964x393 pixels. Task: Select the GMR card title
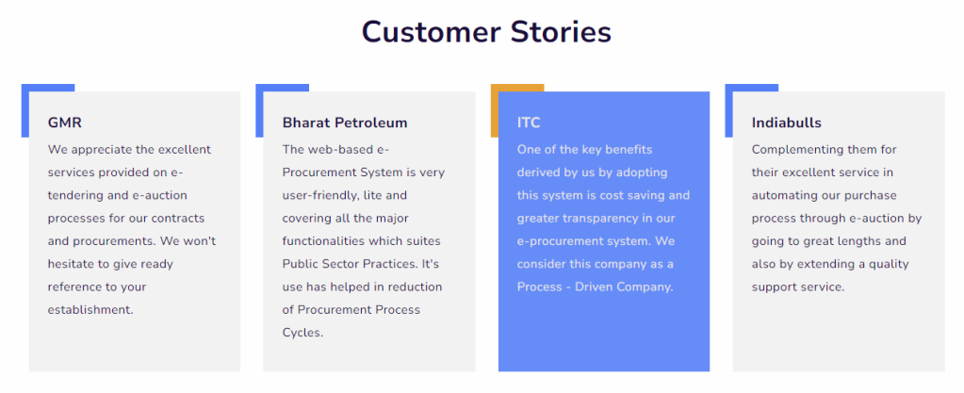(65, 123)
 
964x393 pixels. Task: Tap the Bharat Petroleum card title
(345, 123)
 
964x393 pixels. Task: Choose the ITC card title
(529, 123)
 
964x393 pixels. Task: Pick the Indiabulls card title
(786, 123)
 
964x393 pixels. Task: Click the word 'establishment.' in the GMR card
(90, 309)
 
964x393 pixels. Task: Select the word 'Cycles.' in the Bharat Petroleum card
(302, 333)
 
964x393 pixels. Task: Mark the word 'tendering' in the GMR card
(74, 196)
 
